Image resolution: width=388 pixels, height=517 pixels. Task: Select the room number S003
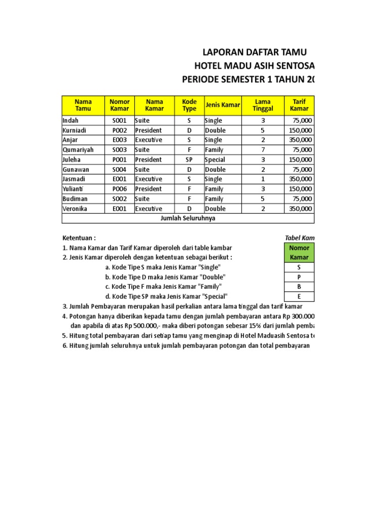[x=119, y=150]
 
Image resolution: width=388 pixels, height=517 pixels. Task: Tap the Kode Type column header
[x=189, y=105]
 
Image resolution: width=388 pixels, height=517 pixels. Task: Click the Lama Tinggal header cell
[x=263, y=105]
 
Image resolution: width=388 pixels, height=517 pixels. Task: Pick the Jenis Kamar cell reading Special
[x=215, y=160]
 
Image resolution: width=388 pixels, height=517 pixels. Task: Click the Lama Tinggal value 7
[x=263, y=150]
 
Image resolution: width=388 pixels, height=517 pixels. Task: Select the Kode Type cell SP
[x=189, y=160]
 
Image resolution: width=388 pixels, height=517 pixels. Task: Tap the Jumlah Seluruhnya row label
[x=188, y=218]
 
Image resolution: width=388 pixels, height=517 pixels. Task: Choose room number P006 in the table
[x=119, y=189]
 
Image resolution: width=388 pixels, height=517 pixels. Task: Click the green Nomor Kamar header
[x=299, y=252]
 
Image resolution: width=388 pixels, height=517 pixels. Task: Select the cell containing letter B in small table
[x=299, y=287]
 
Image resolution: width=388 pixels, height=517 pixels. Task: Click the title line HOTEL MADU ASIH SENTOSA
[x=254, y=66]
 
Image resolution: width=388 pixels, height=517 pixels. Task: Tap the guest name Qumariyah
[x=78, y=150]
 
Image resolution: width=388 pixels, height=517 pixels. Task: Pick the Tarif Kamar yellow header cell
[x=300, y=105]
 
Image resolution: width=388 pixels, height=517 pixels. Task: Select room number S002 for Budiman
[x=119, y=199]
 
